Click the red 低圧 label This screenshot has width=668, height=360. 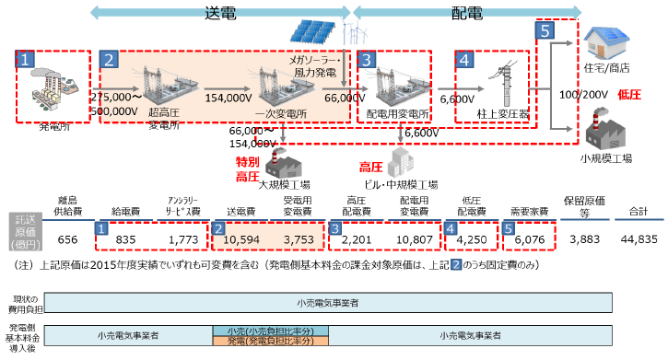(629, 94)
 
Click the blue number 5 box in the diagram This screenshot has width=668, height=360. (545, 30)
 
